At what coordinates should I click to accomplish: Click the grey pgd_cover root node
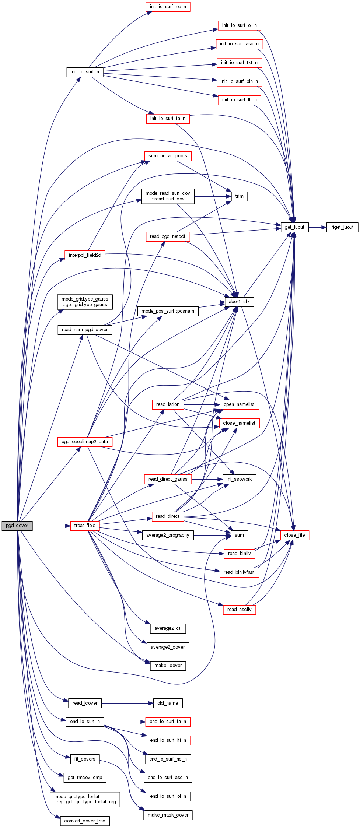point(17,526)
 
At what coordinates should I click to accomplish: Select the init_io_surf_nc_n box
point(168,7)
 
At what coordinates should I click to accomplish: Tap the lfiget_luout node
point(342,227)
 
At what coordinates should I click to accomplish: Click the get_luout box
point(294,227)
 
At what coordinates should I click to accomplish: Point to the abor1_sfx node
point(239,302)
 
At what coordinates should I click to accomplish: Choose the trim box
point(239,196)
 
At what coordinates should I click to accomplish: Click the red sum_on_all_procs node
point(168,156)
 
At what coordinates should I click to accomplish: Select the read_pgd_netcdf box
point(168,236)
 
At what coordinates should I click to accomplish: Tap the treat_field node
point(85,526)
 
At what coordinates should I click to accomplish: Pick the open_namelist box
point(239,404)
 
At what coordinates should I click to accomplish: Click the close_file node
point(294,535)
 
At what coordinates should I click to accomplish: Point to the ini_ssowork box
point(239,479)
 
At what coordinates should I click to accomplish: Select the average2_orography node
point(168,535)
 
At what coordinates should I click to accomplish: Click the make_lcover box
point(168,666)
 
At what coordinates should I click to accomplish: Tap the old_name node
point(168,703)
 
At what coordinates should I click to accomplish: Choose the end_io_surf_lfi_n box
point(168,740)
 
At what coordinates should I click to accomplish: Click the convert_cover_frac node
point(85,821)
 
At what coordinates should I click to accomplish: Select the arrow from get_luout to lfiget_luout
point(317,227)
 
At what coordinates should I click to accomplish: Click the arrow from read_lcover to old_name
point(127,703)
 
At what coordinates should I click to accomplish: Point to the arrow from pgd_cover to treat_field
point(51,526)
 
